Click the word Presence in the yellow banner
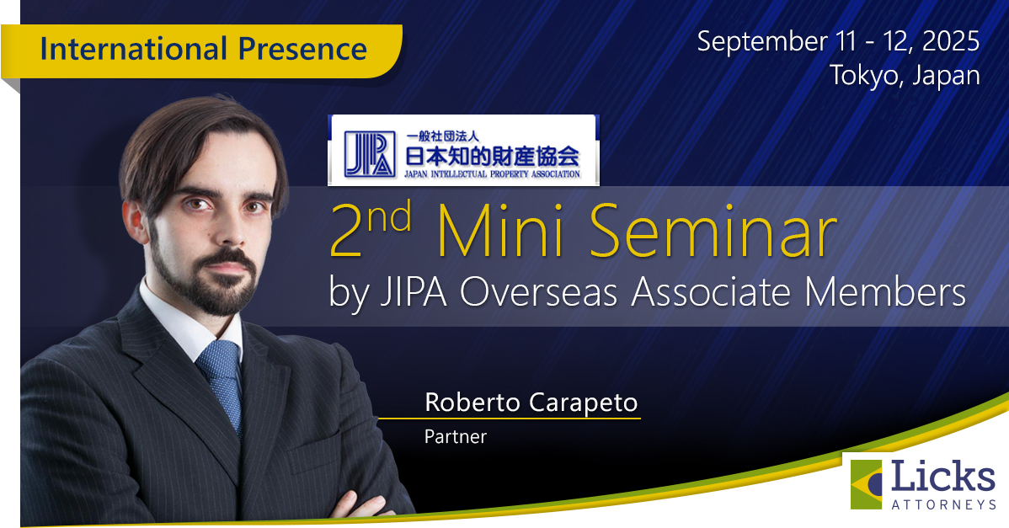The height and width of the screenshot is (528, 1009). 308,48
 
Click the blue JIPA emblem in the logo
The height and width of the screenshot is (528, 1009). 363,150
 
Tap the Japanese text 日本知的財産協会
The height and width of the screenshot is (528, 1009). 493,154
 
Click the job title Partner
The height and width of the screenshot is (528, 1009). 455,437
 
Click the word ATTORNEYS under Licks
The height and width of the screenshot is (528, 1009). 943,504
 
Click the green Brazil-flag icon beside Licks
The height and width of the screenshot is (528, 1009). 868,484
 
